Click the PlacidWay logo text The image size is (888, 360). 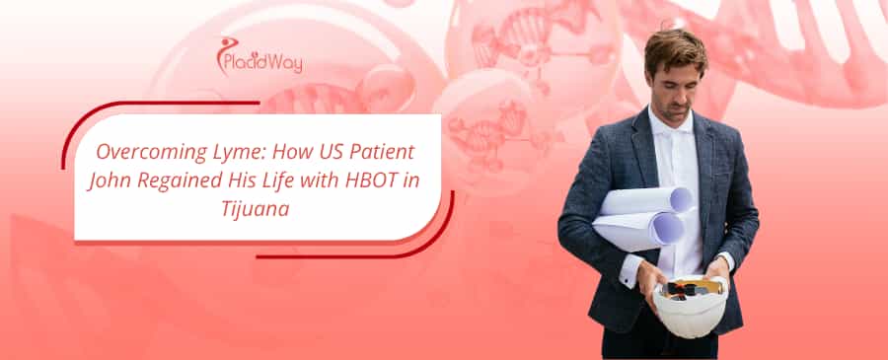click(x=263, y=63)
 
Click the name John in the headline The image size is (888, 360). click(x=110, y=181)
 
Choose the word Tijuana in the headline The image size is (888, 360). click(x=255, y=210)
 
